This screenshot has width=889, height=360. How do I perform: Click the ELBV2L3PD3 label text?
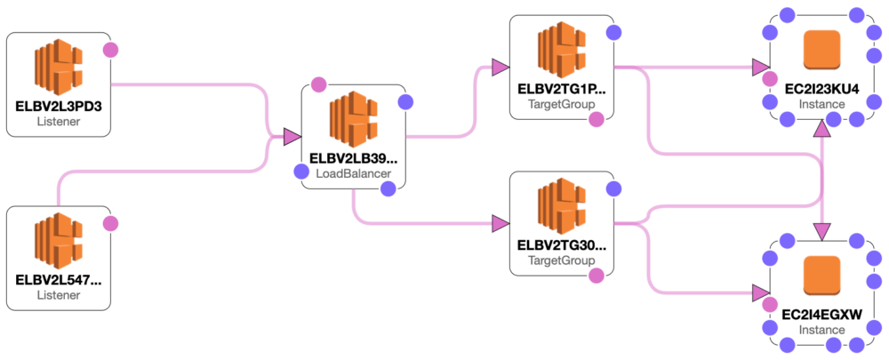tap(59, 105)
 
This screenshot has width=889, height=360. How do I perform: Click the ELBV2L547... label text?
tap(59, 279)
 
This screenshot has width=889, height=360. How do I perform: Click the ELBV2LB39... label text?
tap(353, 158)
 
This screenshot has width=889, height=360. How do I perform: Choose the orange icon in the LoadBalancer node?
tap(353, 120)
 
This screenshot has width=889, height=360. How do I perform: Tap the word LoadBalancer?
tap(353, 173)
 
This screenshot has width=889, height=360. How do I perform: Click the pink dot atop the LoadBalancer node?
tap(319, 85)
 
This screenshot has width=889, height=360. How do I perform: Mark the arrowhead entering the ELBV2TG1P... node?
tap(501, 68)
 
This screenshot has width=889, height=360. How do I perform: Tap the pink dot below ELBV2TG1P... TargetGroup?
tap(597, 118)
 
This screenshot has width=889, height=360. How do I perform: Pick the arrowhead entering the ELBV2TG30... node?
tap(501, 223)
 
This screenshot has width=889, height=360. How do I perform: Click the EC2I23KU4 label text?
tap(810, 89)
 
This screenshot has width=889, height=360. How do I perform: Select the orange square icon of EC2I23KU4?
tap(821, 50)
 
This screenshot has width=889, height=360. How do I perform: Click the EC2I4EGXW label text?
tap(810, 314)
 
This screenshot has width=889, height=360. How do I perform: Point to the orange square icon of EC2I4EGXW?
tap(821, 275)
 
